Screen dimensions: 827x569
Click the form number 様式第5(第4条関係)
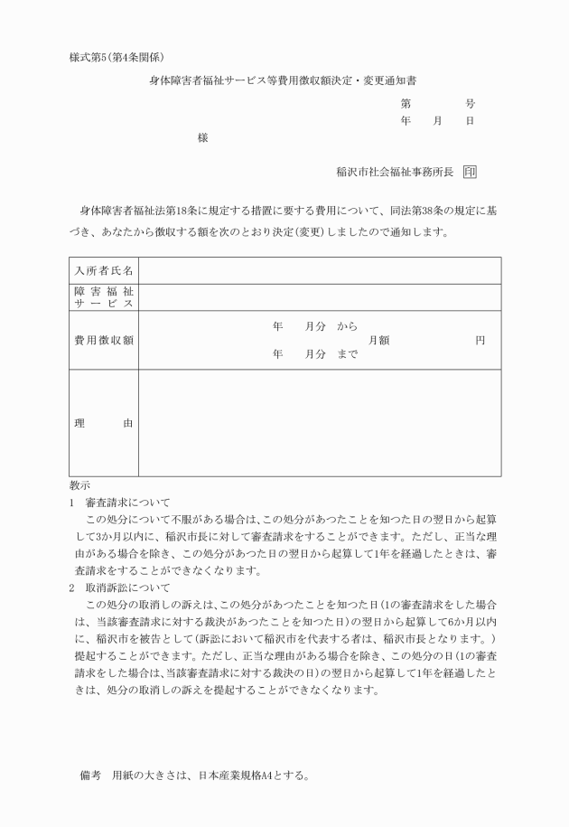[116, 58]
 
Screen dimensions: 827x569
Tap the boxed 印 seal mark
[469, 172]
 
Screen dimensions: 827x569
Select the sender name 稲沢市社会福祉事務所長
[393, 172]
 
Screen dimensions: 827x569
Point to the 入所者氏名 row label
[104, 270]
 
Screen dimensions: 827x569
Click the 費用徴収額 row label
[104, 340]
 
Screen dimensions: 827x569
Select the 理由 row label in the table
[104, 423]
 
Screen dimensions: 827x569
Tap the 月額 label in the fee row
[378, 340]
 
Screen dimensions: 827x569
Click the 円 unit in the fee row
[480, 340]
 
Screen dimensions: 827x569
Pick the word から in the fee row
[347, 325]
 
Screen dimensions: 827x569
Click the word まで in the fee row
[347, 355]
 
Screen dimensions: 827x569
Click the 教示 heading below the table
[79, 485]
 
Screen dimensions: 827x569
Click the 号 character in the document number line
[470, 104]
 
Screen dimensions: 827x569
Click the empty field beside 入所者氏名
[320, 270]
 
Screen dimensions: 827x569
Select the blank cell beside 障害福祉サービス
[320, 296]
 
